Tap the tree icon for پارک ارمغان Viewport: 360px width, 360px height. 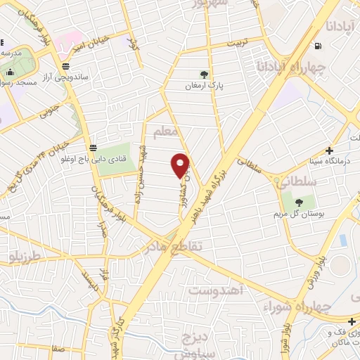tap(204, 74)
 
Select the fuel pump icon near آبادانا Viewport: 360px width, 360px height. tap(320, 47)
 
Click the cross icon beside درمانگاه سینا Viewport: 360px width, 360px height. tap(330, 150)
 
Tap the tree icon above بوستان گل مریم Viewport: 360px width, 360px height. tap(299, 202)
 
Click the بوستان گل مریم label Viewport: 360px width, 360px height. tap(304, 214)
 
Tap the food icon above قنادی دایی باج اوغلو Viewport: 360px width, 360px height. tap(93, 148)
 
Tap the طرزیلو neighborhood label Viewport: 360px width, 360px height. tap(32, 252)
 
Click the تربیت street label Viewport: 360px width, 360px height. tap(236, 44)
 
